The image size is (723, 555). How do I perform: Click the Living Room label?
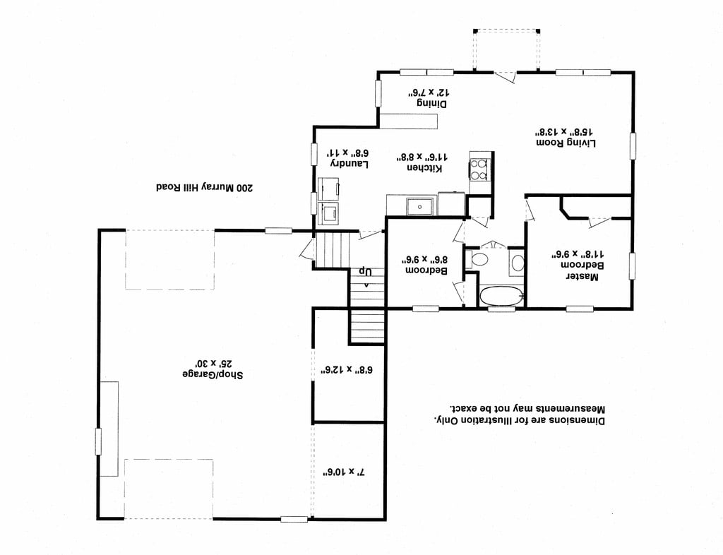[566, 143]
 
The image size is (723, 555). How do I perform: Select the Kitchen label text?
[424, 168]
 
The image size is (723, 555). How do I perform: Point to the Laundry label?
[349, 164]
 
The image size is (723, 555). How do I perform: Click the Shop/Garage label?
[213, 374]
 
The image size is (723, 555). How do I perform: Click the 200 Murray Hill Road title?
[204, 188]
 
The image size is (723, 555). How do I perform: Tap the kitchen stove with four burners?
[479, 169]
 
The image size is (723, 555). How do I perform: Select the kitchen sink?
[419, 206]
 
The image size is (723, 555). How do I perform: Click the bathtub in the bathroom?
[501, 296]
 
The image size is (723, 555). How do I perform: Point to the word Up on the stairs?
[366, 272]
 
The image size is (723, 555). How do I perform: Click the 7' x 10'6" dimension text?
[344, 472]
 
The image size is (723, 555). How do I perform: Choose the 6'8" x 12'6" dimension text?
[347, 370]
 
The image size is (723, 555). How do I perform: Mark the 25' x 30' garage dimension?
[213, 362]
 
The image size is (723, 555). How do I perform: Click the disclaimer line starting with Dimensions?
[519, 420]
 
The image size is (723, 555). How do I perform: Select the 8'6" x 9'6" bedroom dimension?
[424, 259]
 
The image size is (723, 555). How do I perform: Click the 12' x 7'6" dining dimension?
[429, 92]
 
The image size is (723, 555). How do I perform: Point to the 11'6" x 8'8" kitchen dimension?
[424, 157]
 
